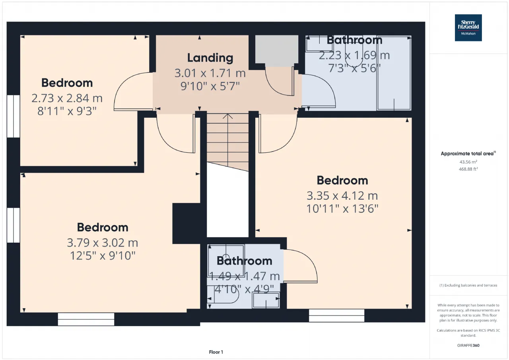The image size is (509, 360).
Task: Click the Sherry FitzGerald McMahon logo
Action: point(468,28)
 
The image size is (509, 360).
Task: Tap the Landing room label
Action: point(210,58)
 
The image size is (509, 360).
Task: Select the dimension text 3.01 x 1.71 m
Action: point(210,73)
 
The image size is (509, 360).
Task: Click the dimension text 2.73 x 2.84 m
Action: point(67,98)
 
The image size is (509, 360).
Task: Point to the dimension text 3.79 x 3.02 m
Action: point(103,243)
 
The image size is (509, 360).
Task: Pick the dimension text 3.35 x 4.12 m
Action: point(342,196)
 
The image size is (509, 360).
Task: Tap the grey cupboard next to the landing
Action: point(276,49)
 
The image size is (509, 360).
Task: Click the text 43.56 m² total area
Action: point(468,162)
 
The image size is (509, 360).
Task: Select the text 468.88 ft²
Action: point(468,169)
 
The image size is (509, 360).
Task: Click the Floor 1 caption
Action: point(216,352)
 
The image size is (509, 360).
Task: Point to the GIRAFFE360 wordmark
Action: point(468,345)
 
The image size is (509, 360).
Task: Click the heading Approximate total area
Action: point(468,154)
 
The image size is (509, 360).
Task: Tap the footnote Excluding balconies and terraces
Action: point(468,285)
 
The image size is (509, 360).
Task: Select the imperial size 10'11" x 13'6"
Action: point(342,208)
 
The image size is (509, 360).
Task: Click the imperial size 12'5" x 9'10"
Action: point(103,256)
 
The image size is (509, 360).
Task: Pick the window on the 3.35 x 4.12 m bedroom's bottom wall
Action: point(336,315)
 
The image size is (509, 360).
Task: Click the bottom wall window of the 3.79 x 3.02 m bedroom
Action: point(86,319)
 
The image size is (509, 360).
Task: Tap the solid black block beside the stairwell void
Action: point(187,224)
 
